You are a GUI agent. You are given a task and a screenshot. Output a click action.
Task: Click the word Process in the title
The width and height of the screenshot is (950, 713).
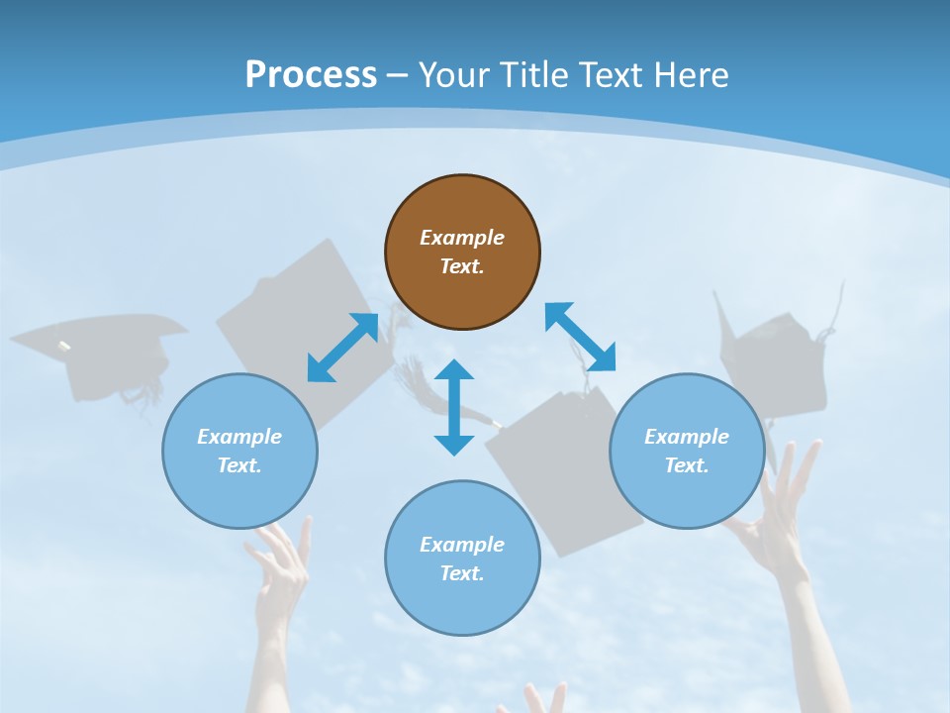(x=311, y=75)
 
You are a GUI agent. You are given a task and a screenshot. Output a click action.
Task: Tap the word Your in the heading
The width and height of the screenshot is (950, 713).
(x=456, y=75)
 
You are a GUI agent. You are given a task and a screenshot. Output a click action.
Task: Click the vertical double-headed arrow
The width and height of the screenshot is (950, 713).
(x=454, y=407)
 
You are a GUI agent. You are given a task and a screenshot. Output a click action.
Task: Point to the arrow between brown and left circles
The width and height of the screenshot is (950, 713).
(x=342, y=348)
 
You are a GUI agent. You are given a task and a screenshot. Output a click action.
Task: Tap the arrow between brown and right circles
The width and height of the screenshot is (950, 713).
(x=580, y=337)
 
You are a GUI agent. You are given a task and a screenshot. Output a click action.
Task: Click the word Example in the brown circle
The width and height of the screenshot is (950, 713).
(x=462, y=238)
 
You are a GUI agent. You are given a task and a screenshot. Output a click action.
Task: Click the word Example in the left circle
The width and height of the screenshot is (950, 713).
(x=239, y=437)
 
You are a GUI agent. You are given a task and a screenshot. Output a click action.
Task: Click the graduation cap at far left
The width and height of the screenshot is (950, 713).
(x=99, y=352)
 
